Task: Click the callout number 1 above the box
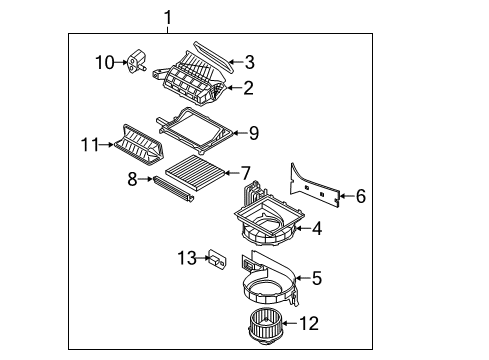168,17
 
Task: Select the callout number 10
104,62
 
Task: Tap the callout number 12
309,323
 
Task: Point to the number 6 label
361,196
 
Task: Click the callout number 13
187,258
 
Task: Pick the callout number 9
254,133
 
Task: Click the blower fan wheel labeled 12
266,326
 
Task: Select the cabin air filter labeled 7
195,173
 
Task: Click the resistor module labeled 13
217,258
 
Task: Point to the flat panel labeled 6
314,185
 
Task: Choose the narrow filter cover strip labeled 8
174,189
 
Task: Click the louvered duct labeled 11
138,145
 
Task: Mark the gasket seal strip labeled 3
213,56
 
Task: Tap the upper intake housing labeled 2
189,79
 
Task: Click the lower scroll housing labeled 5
270,279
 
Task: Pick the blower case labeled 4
269,214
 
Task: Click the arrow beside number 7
232,173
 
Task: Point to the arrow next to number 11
106,145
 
